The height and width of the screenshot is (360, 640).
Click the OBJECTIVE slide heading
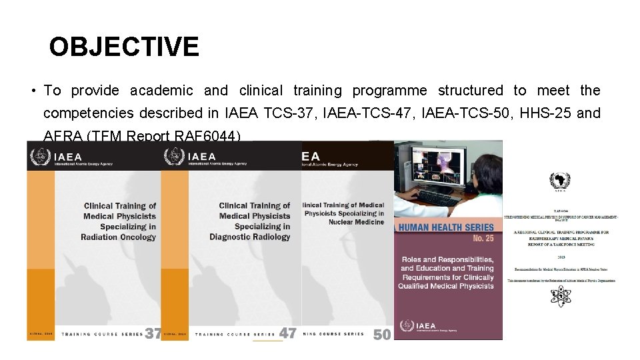pos(124,47)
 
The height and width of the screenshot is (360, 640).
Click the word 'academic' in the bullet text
pos(161,91)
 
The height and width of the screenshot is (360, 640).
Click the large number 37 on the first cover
pos(153,333)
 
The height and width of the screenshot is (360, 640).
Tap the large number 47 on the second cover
pos(287,333)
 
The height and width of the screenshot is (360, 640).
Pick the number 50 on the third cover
pos(382,335)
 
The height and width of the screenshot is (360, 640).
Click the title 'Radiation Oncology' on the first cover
pos(118,237)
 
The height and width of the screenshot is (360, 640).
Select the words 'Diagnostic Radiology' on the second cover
pos(250,237)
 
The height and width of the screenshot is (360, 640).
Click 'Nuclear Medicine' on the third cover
pos(356,222)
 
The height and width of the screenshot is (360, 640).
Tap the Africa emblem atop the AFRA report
pos(559,181)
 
